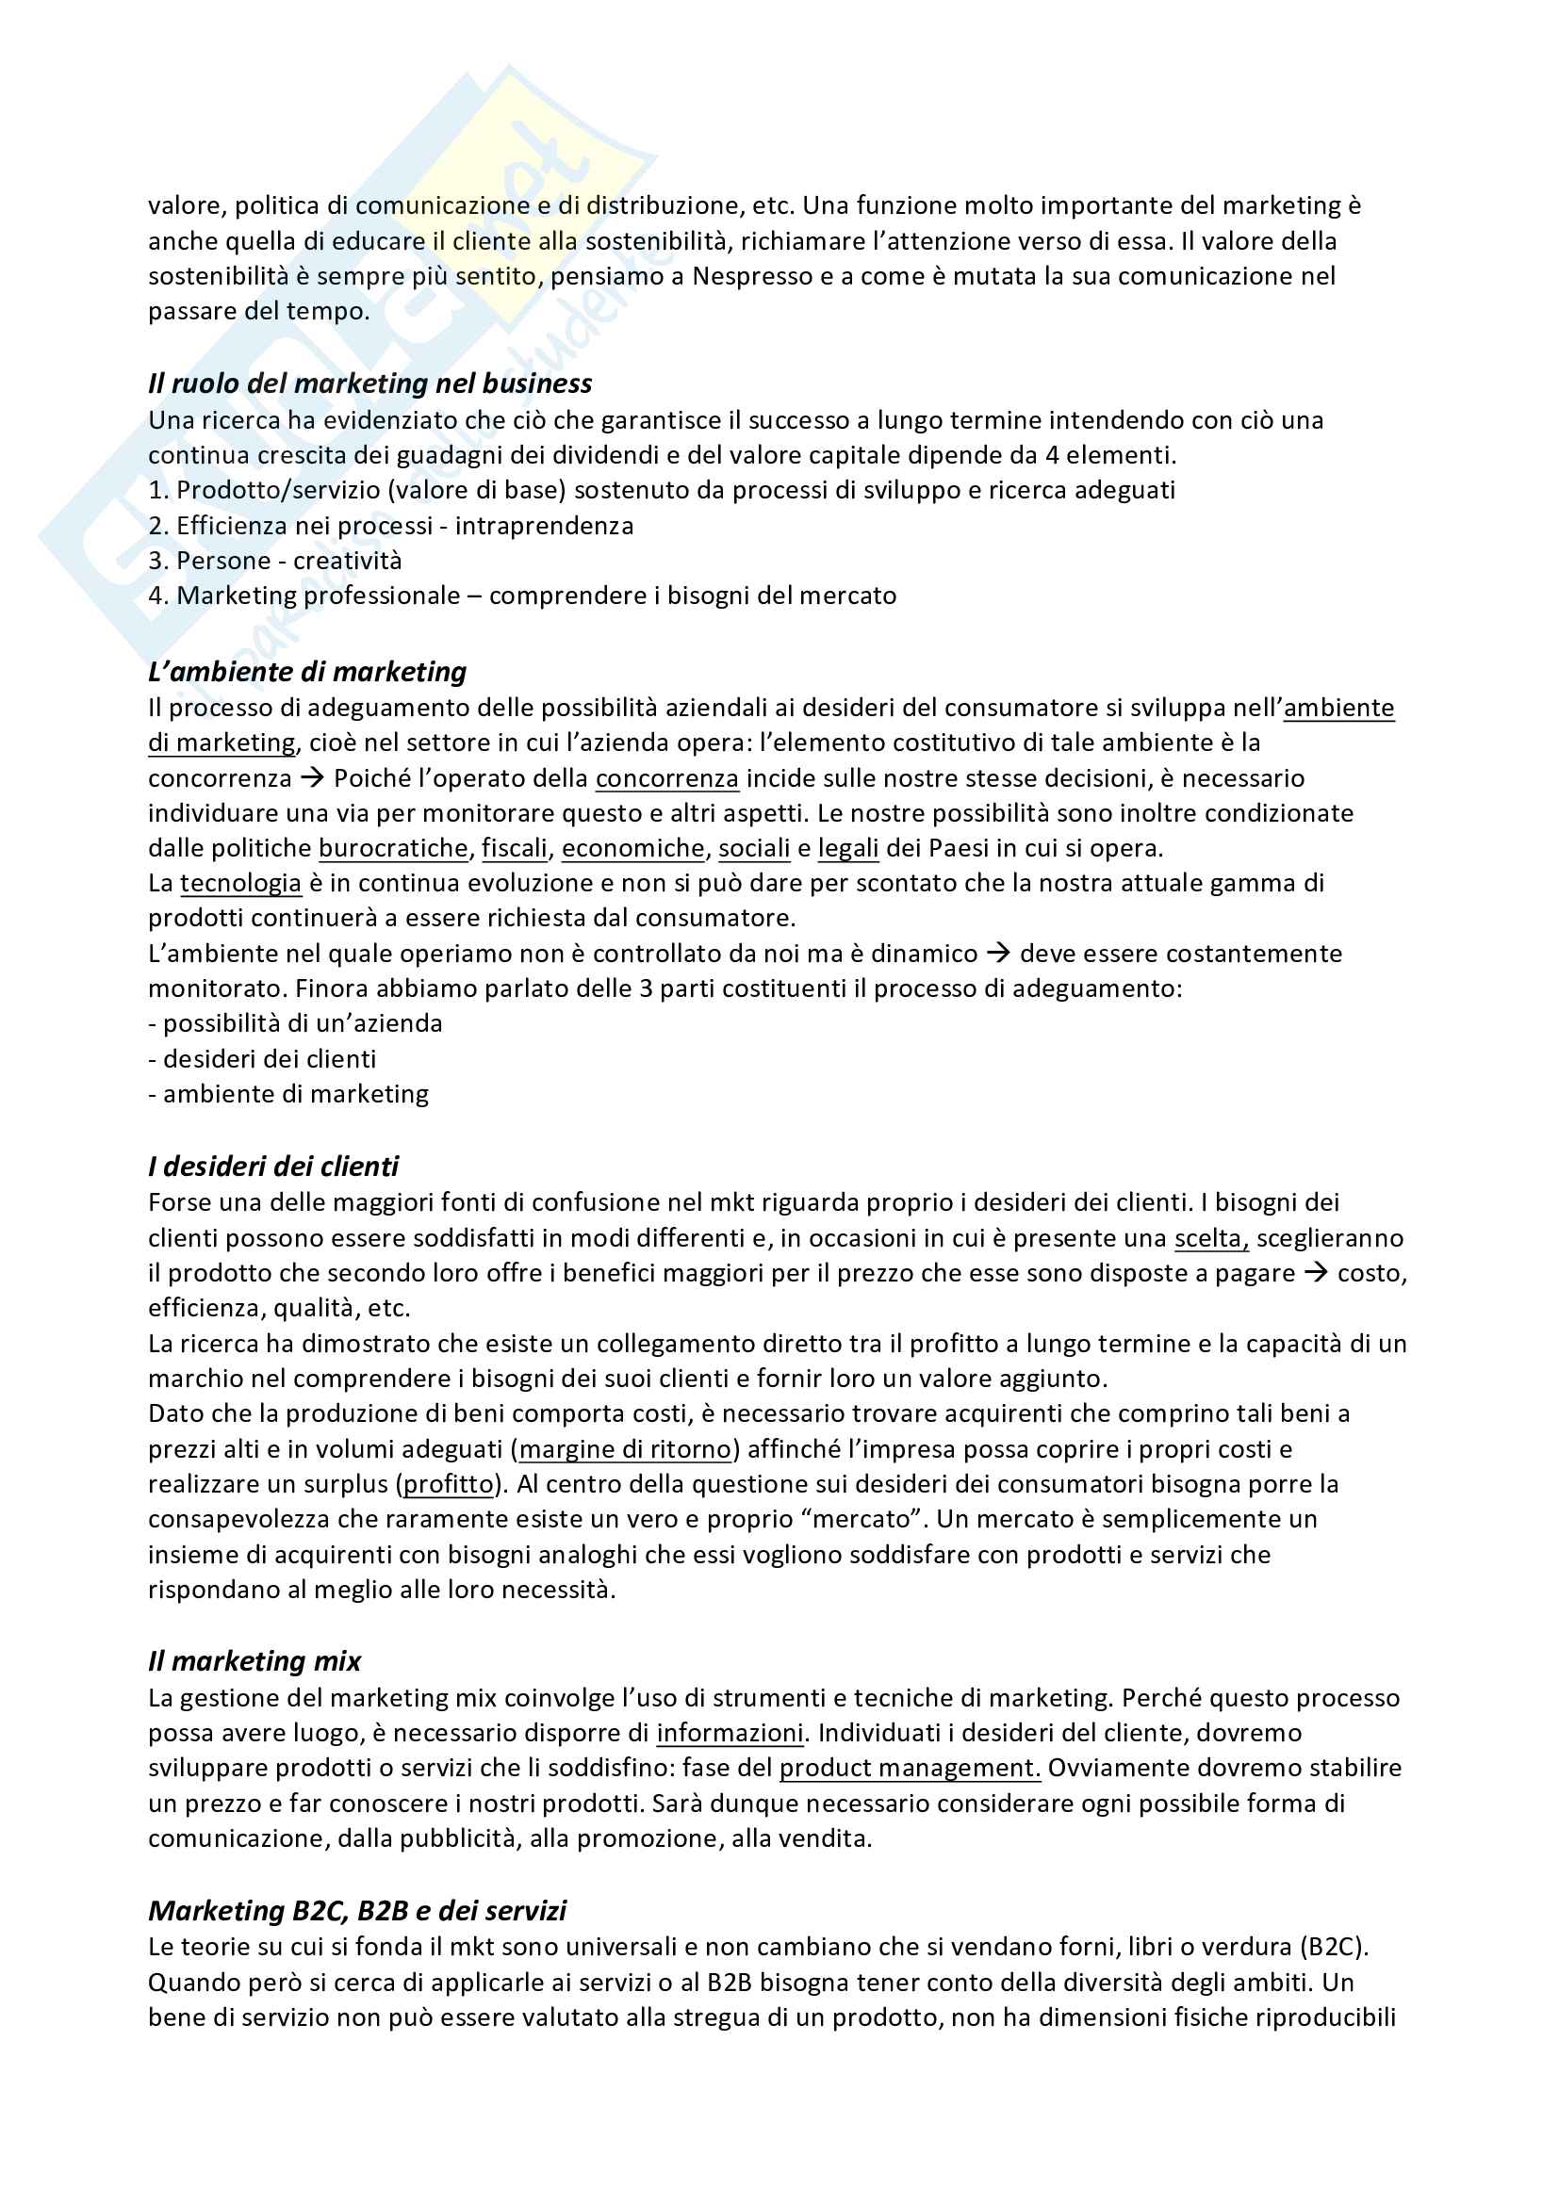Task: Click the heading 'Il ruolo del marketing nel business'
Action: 369,384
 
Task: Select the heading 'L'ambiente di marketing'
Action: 307,672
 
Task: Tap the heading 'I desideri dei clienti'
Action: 272,1167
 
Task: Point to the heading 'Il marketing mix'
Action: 254,1661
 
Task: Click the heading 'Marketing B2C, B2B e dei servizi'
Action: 357,1910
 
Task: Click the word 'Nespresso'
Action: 752,276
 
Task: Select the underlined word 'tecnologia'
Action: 241,883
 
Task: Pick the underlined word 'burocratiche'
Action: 394,849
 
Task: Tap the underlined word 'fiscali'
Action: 515,849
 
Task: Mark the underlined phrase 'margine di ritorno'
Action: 626,1448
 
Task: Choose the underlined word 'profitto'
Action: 449,1484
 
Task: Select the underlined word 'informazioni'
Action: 730,1733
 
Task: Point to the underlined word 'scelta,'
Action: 1211,1238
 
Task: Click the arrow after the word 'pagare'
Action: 1316,1273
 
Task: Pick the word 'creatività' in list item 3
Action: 348,561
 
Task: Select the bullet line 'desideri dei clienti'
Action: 269,1059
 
